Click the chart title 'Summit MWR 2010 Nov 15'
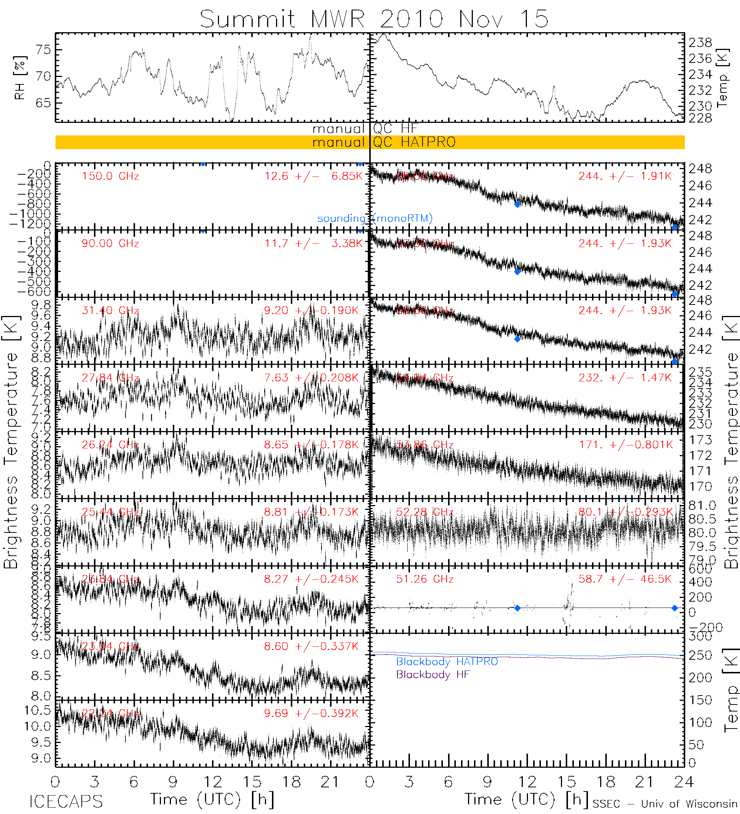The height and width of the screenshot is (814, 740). point(374,19)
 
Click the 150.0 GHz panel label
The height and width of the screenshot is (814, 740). point(110,176)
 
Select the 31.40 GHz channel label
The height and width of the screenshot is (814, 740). point(110,310)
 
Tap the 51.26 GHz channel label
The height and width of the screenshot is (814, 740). point(424,579)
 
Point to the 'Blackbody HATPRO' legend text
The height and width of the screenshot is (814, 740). point(447,662)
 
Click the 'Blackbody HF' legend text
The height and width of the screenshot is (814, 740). point(433,674)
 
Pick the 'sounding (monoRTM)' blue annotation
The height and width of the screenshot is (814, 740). point(375,218)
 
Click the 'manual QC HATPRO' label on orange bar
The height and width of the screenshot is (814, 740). point(384,142)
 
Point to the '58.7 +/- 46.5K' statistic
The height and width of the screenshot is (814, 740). point(625,579)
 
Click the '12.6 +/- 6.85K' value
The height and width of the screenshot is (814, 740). point(313,176)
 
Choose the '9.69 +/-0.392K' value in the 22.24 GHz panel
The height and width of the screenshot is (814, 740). point(311,713)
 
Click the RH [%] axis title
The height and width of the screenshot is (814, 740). point(19,78)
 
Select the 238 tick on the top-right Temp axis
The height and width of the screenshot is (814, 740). point(700,43)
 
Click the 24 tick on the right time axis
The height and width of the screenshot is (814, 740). point(684,782)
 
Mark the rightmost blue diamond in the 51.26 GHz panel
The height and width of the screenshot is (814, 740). point(675,608)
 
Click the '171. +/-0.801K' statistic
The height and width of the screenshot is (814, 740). point(625,444)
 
